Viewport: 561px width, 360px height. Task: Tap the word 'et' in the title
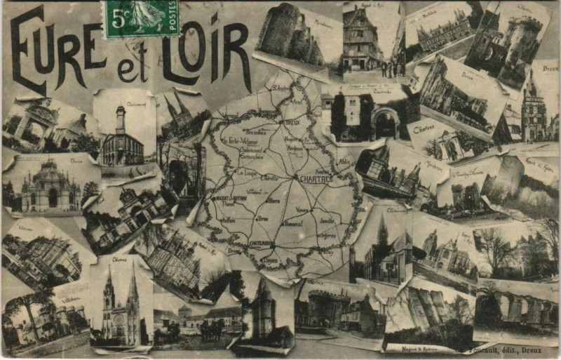coord(137,68)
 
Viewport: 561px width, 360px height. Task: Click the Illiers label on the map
coord(273,201)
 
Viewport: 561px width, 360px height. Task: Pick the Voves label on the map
coord(302,209)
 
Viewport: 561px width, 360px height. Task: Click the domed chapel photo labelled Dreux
coord(49,186)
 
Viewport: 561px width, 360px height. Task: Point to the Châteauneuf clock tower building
coord(121,137)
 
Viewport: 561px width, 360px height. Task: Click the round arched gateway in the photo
coord(384,124)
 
